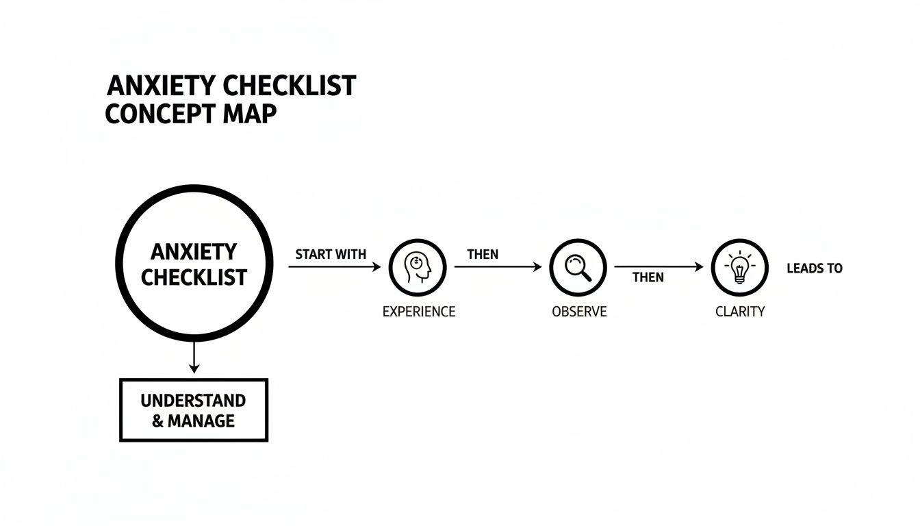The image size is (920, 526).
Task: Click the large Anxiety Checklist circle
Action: coord(194,264)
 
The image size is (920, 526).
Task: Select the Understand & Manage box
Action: coord(194,410)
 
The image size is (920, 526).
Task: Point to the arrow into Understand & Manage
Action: coord(194,358)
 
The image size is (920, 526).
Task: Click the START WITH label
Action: coord(331,254)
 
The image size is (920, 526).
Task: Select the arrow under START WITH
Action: coord(334,267)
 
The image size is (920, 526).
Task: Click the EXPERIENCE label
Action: coord(418,312)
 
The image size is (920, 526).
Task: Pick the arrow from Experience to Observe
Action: coord(498,267)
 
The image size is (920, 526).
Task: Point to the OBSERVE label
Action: coord(579,312)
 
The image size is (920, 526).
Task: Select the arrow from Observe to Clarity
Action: coord(659,267)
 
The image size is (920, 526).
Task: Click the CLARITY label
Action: coord(740,312)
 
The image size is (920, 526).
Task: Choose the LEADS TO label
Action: coord(815,268)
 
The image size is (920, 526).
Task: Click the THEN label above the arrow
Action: coord(483,254)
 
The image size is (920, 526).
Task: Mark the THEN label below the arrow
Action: coord(648,277)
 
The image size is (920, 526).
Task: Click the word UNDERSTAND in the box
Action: coord(193,400)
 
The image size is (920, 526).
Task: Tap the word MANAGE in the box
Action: coord(201,421)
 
